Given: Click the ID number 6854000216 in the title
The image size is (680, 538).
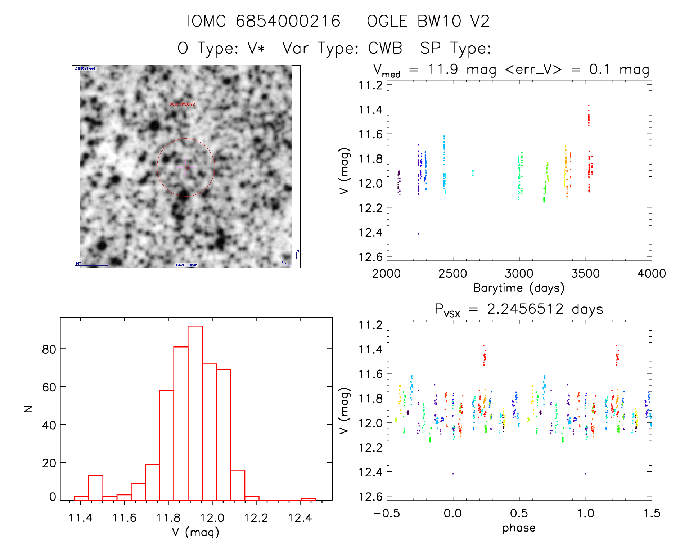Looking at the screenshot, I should point(288,21).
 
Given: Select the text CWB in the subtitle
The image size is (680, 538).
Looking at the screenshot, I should point(385,48).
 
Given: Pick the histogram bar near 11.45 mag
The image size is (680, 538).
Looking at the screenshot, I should point(96,488).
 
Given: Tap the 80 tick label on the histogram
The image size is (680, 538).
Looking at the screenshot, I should point(49,349).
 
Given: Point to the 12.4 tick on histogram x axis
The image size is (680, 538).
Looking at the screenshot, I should point(300,518).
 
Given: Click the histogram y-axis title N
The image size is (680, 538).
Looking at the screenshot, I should point(28,409).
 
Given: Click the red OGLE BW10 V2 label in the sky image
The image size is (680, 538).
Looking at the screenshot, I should point(182,104).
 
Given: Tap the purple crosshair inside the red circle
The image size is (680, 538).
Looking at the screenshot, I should point(186,167).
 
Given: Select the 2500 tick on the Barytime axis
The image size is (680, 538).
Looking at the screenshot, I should point(452,274).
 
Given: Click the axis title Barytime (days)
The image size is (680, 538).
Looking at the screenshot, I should point(519,288).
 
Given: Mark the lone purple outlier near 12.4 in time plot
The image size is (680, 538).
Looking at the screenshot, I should point(418,234).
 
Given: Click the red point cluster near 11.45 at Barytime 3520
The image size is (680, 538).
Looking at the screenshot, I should point(589,117).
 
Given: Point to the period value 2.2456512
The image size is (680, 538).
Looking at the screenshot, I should point(525,309).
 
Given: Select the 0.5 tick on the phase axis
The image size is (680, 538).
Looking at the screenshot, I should point(519,513).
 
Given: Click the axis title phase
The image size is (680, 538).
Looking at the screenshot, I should point(519,528).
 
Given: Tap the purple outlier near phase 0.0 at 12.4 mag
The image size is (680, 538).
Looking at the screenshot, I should point(453,474).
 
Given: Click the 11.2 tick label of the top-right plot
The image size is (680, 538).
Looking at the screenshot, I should point(370,85).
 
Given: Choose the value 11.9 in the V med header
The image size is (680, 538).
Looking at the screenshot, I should point(443,69).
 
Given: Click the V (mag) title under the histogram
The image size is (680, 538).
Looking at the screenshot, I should point(195,532).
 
